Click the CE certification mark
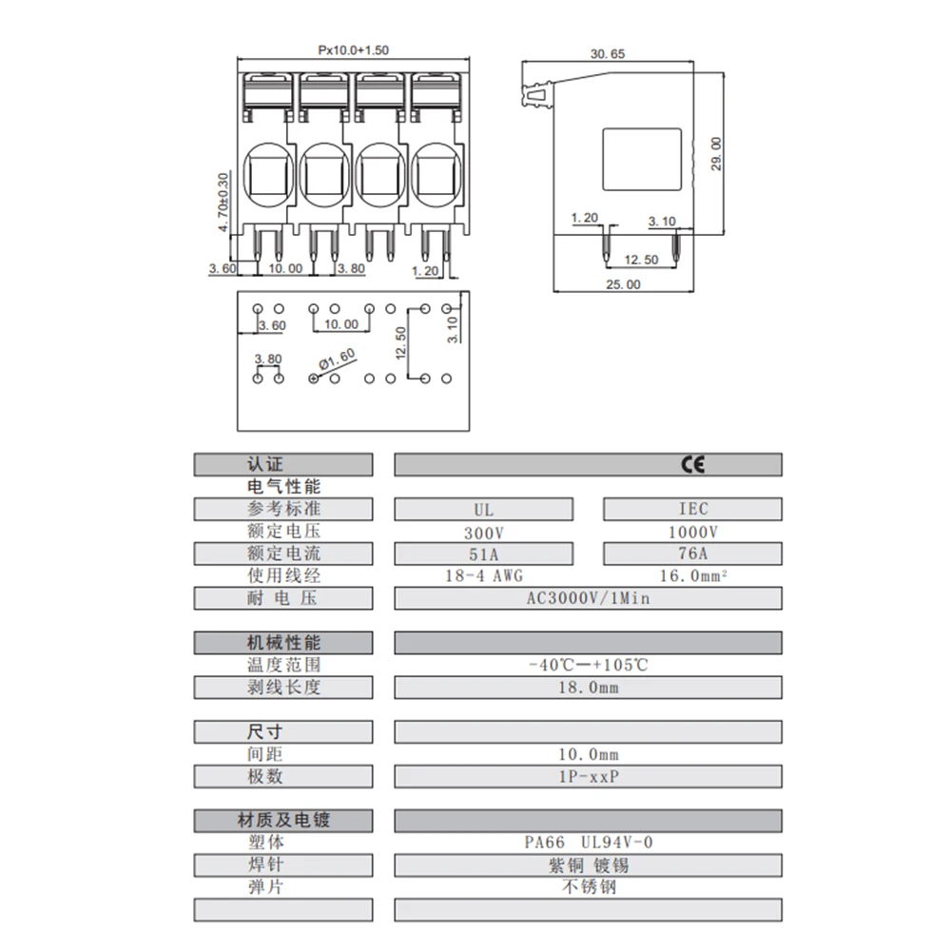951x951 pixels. point(691,464)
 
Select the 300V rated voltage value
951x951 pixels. point(483,532)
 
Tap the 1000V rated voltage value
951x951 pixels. point(693,532)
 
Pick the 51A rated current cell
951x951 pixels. point(483,553)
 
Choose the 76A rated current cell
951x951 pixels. point(693,553)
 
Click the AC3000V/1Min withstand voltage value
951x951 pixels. point(588,598)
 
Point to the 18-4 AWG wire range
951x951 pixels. point(483,575)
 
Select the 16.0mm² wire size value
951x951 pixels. point(693,575)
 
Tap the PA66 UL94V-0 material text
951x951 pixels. point(588,842)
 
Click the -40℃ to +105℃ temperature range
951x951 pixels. point(588,665)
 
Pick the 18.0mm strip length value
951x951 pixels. point(588,687)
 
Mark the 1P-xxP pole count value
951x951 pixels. point(588,776)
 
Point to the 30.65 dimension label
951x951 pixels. point(607,54)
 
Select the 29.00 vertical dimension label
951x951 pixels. point(716,154)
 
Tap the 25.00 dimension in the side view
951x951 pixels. point(623,283)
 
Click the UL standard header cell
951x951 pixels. point(483,509)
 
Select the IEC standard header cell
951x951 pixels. point(693,509)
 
